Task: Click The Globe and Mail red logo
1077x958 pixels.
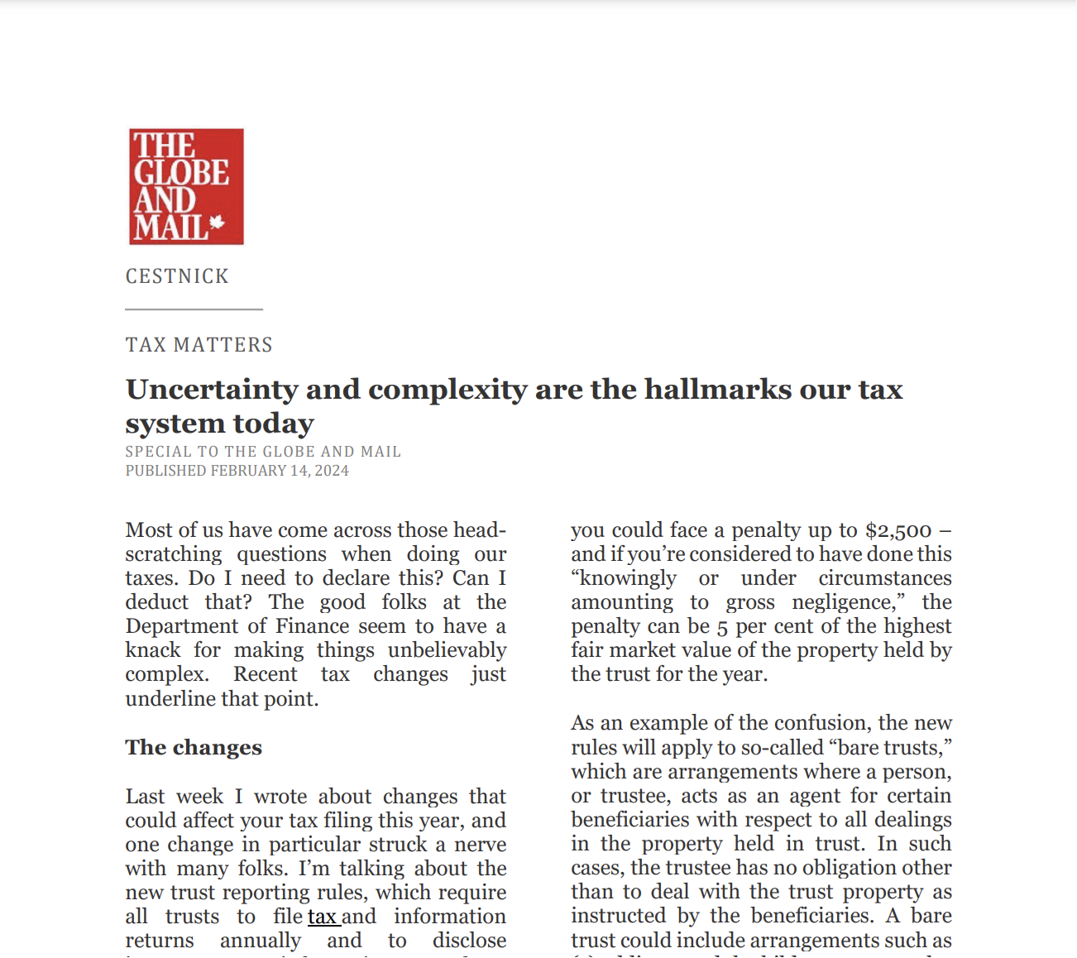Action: pos(186,186)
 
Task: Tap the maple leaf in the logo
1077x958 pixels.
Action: pos(217,222)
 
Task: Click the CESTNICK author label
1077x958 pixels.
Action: pos(177,276)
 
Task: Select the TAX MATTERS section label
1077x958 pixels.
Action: pos(199,345)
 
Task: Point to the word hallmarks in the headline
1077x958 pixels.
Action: pos(718,389)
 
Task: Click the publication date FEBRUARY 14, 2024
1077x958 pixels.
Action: pos(280,471)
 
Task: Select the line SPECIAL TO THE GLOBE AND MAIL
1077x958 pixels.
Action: pos(263,452)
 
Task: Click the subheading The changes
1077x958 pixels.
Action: pos(194,748)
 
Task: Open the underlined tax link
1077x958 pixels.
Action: pos(323,917)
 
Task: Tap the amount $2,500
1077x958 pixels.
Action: pos(898,530)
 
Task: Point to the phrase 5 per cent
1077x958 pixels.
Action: pos(763,626)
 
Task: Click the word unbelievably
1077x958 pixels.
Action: pos(447,650)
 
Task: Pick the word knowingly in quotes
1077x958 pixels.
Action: pos(625,578)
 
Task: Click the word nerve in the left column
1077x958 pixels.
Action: pos(480,845)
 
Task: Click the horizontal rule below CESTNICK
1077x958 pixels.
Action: pos(194,309)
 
